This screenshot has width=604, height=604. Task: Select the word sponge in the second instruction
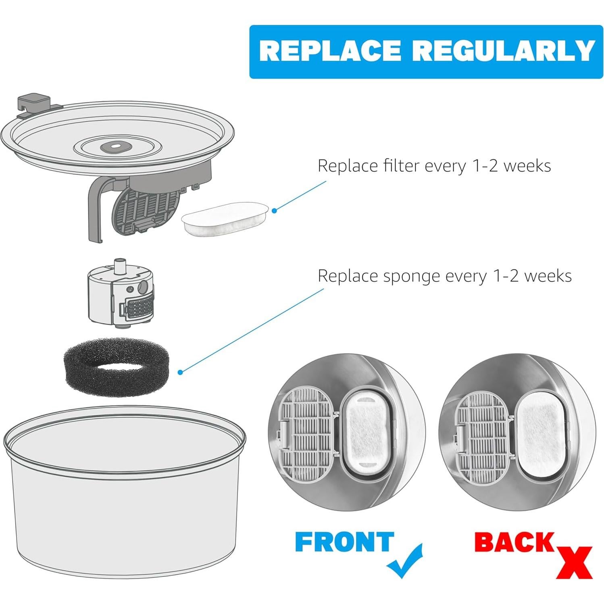[407, 276]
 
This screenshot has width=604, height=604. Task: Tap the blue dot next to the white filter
[275, 210]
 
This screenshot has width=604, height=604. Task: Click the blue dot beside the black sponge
[181, 372]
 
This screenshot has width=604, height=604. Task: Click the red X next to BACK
[574, 562]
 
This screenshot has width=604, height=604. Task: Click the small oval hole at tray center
[114, 145]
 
